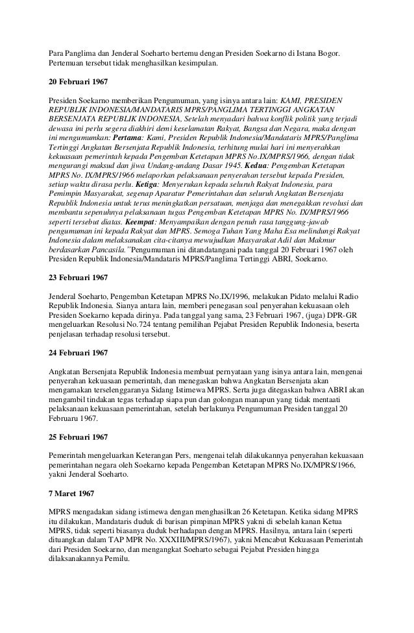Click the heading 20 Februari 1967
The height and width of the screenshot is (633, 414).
(79, 84)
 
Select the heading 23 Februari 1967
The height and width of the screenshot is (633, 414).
(79, 278)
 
